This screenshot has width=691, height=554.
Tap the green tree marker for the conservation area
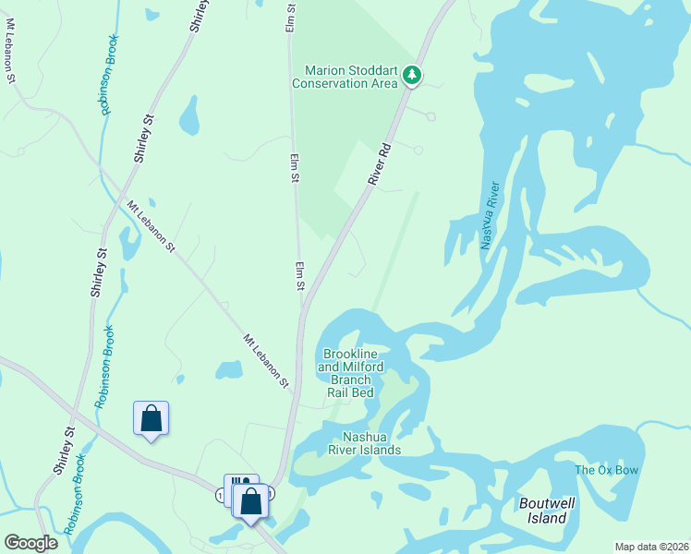413,76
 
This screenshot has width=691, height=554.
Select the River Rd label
379,165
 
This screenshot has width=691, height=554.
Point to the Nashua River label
490,216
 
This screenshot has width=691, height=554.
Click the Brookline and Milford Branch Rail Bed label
349,373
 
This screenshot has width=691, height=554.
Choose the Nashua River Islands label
371,443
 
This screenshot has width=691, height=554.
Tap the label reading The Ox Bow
606,470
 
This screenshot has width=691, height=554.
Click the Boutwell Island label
542,511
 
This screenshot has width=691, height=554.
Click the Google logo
30,543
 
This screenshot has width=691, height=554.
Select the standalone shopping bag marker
152,419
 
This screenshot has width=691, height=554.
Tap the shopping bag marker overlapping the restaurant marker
250,502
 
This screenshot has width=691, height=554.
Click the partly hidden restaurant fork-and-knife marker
236,482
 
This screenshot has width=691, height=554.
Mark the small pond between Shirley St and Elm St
188,115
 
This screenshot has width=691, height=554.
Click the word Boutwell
542,504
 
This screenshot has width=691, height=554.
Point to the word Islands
381,450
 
